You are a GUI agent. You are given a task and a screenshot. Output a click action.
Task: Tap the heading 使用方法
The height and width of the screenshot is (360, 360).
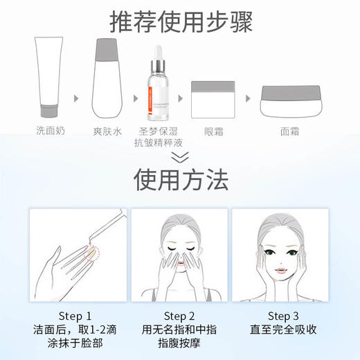(x=180, y=181)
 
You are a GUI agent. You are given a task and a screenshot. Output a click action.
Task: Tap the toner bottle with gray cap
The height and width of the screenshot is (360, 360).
(x=108, y=79)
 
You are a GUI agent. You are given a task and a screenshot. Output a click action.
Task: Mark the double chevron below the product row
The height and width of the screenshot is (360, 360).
(x=180, y=159)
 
